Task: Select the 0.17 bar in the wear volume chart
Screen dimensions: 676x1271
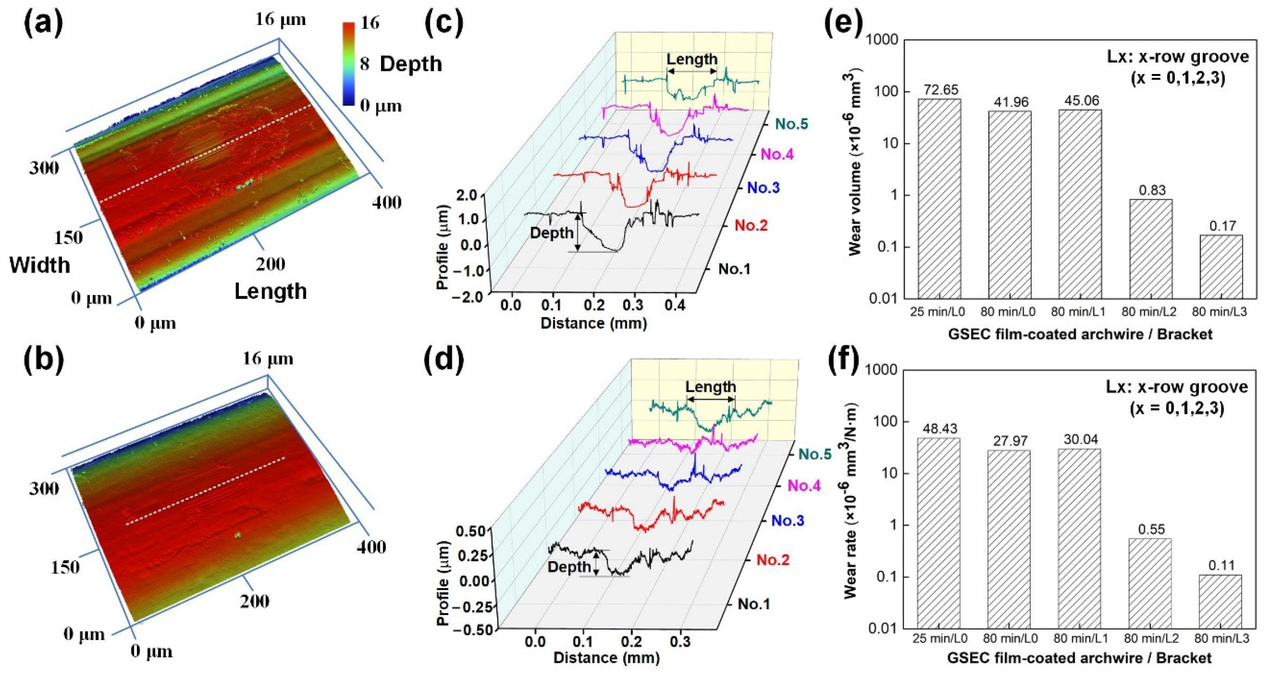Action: pyautogui.click(x=1221, y=267)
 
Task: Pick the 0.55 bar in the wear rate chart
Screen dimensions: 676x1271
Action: pyautogui.click(x=1150, y=583)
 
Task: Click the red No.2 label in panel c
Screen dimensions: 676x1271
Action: pyautogui.click(x=751, y=226)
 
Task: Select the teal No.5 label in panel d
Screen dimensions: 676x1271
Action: pyautogui.click(x=815, y=454)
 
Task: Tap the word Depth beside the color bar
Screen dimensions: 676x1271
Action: pyautogui.click(x=411, y=64)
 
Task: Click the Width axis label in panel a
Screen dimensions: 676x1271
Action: pyautogui.click(x=40, y=265)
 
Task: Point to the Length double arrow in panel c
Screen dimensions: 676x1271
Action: pyautogui.click(x=692, y=71)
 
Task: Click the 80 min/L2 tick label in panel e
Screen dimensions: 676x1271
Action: pyautogui.click(x=1152, y=312)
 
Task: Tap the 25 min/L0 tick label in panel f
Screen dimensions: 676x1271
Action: pyautogui.click(x=940, y=638)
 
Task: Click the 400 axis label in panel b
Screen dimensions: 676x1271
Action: pyautogui.click(x=371, y=547)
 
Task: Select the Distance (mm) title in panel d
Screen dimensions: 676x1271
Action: pyautogui.click(x=606, y=657)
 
